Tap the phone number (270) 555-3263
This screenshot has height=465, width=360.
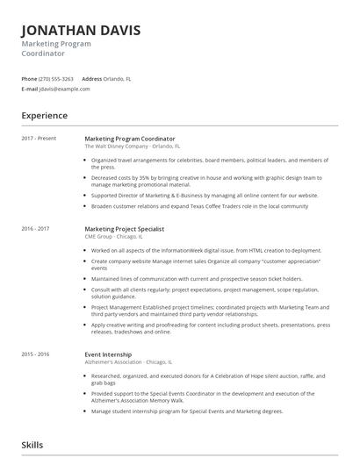[x=57, y=79]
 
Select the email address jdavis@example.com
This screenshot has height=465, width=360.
[x=67, y=89]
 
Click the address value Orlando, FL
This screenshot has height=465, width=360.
[x=118, y=79]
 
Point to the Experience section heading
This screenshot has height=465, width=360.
[x=45, y=115]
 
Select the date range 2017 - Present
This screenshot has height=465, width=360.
[x=39, y=139]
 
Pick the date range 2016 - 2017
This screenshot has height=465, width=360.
[x=36, y=228]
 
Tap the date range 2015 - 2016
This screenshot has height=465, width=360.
[x=36, y=354]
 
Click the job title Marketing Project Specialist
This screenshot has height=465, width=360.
[x=125, y=228]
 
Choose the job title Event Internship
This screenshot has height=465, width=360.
[x=108, y=354]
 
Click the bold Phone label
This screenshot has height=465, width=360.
[x=29, y=79]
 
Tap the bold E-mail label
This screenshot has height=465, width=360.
[x=30, y=89]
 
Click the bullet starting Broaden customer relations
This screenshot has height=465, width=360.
[x=198, y=206]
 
